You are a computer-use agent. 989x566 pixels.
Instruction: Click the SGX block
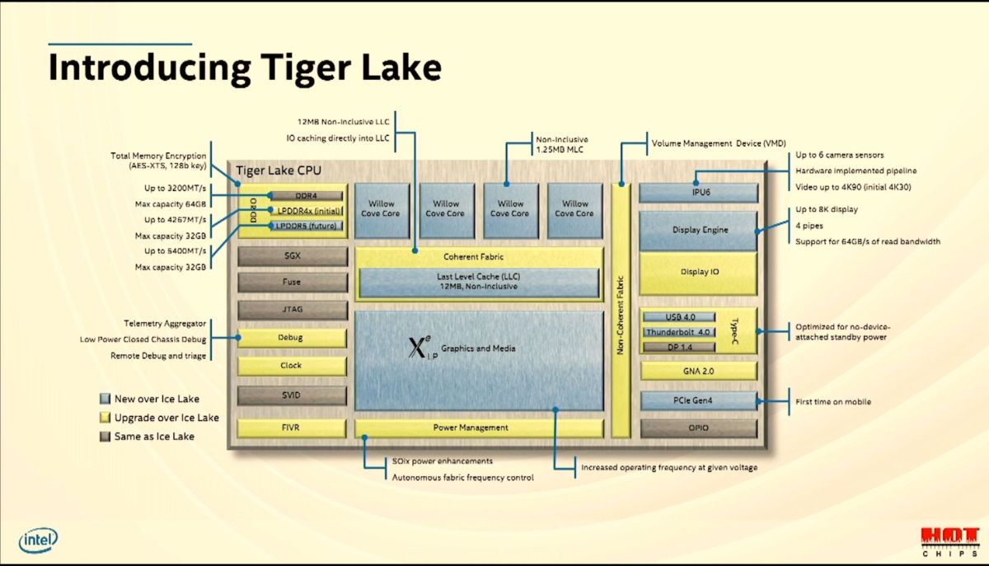coord(291,256)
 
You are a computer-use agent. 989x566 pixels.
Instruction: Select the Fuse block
coord(291,283)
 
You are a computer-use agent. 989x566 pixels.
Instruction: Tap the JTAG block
coord(291,310)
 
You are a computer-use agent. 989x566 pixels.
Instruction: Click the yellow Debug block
coord(291,338)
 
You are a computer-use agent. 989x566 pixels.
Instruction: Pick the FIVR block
coord(291,428)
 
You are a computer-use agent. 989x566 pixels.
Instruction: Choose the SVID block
coord(291,395)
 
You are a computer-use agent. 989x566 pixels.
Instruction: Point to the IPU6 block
coord(698,194)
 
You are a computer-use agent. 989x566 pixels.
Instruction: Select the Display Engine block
coord(698,230)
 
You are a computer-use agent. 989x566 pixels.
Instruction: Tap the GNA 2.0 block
coord(698,372)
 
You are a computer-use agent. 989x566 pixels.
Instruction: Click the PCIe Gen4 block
coord(698,401)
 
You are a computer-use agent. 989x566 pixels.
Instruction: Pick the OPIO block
coord(698,428)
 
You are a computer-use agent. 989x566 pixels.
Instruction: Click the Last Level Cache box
coord(477,282)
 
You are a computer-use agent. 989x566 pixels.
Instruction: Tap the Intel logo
coord(39,540)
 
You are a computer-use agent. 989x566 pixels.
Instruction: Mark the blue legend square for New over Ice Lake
coord(104,399)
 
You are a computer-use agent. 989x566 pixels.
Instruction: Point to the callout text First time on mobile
coord(832,402)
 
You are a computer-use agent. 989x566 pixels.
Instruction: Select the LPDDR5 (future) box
coord(306,226)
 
